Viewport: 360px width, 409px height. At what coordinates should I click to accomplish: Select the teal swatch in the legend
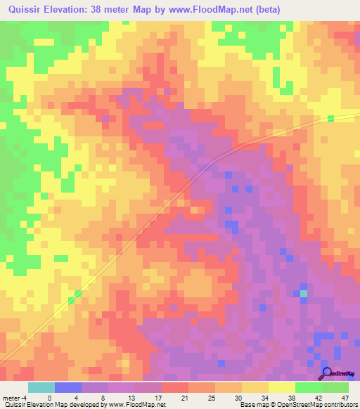pyautogui.click(x=41, y=387)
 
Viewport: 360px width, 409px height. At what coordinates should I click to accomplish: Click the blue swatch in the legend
pyautogui.click(x=68, y=387)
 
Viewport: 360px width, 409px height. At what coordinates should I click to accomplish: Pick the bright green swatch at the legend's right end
pyautogui.click(x=335, y=387)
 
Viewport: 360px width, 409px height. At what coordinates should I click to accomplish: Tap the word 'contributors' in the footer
pyautogui.click(x=341, y=405)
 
